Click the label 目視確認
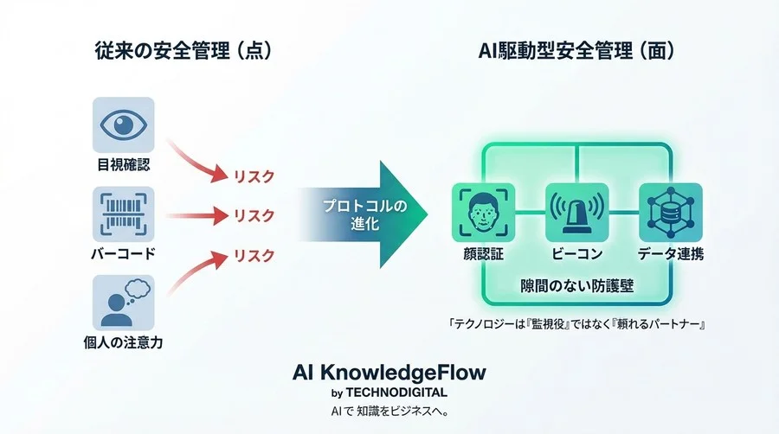click(x=123, y=165)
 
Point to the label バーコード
click(x=123, y=255)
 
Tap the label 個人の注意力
click(x=123, y=343)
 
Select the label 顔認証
click(x=483, y=255)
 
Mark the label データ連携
click(x=670, y=255)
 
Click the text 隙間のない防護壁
click(x=576, y=286)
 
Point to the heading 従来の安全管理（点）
click(x=183, y=51)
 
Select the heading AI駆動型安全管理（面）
click(x=576, y=51)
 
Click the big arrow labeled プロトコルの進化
click(x=364, y=214)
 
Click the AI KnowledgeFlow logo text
click(x=389, y=373)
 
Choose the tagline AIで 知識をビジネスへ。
click(x=389, y=410)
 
